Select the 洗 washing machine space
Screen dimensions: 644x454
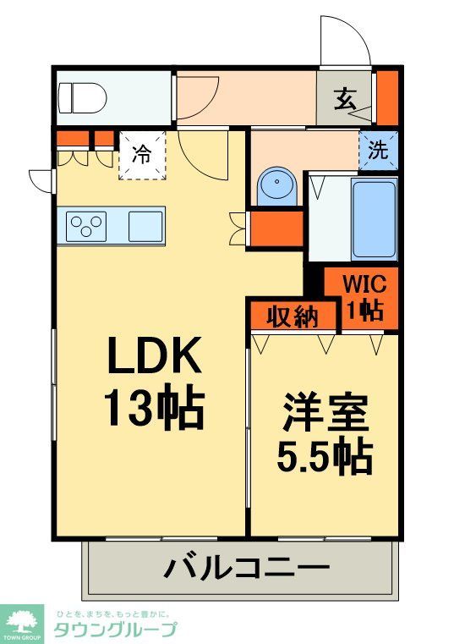tap(378, 151)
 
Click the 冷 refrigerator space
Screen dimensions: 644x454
tap(142, 154)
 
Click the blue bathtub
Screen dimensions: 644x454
tap(373, 218)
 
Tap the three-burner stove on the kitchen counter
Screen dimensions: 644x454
tap(86, 226)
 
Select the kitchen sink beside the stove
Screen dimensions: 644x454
tap(145, 226)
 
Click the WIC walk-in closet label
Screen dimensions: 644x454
tap(364, 296)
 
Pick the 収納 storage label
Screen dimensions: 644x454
tap(293, 316)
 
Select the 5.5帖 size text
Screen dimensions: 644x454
tap(325, 457)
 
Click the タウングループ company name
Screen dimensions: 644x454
tap(116, 630)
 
